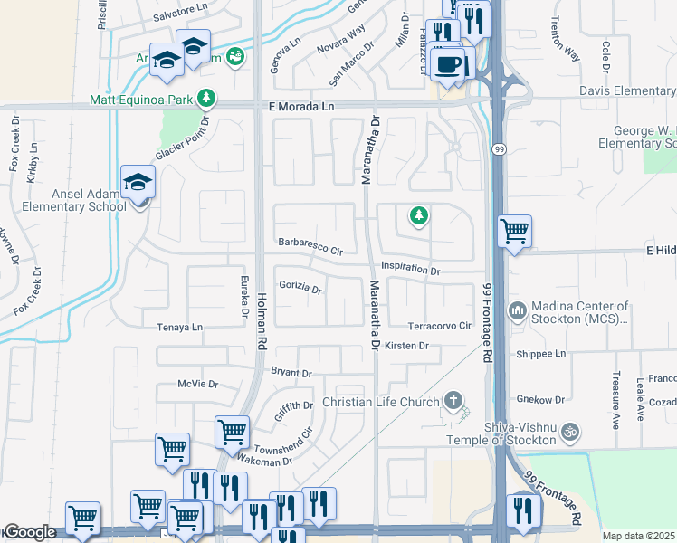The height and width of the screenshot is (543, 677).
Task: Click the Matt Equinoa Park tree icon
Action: click(207, 98)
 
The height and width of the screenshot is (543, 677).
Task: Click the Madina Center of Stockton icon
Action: click(518, 310)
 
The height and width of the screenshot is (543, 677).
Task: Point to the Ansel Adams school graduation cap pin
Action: click(138, 183)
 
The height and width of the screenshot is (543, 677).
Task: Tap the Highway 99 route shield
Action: click(499, 148)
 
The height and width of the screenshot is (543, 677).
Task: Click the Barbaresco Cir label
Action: click(310, 249)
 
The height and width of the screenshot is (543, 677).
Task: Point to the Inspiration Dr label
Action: click(410, 269)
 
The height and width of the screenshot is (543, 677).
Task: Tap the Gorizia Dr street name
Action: click(300, 288)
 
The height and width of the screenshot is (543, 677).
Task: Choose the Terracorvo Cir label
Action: click(441, 326)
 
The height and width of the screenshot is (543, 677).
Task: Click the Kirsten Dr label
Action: click(406, 346)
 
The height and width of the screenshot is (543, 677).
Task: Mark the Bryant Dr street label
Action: click(291, 372)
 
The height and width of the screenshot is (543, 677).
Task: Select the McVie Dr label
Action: click(198, 384)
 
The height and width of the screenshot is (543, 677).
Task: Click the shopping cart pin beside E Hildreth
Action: click(514, 232)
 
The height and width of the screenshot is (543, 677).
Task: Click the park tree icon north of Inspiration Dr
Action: click(418, 215)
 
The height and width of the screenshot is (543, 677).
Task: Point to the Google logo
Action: click(30, 533)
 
